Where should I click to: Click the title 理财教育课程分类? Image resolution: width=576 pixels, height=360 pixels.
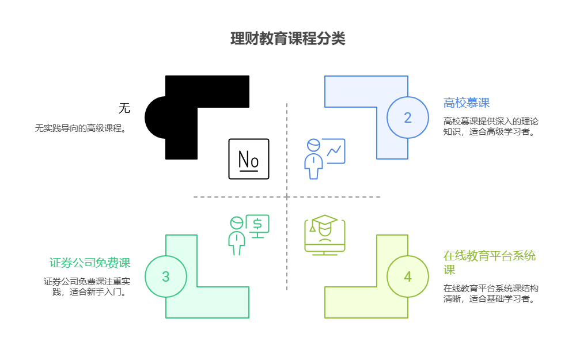tap(287, 39)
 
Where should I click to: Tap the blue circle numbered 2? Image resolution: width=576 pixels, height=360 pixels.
tap(407, 118)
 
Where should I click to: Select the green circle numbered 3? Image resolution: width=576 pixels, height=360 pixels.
tap(165, 276)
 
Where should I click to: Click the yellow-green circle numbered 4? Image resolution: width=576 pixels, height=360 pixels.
tap(407, 276)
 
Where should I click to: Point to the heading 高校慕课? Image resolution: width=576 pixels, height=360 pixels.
tap(467, 103)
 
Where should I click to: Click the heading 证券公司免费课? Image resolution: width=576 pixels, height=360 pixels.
tap(90, 263)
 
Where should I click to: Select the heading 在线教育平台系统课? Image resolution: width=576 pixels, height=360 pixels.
tap(490, 263)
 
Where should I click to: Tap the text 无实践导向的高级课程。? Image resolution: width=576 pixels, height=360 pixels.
tap(81, 128)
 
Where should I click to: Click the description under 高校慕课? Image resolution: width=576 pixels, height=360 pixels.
tap(491, 126)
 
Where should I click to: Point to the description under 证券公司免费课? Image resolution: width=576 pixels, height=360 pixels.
tap(86, 286)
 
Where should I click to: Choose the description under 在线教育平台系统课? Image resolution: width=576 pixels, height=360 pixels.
tap(491, 293)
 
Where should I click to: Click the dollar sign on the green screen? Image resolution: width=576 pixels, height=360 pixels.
tap(257, 223)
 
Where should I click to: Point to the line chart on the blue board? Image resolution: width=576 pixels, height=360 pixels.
tap(334, 151)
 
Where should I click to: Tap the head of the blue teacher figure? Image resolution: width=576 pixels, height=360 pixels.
tap(313, 145)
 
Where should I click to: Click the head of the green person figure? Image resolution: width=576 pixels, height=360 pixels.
tap(237, 223)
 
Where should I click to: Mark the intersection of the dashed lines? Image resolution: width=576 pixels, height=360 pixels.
tap(287, 197)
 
